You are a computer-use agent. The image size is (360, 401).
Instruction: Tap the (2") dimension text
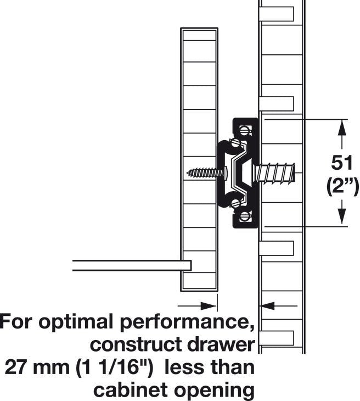coord(342,187)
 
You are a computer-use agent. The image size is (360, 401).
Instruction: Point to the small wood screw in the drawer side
coord(206,173)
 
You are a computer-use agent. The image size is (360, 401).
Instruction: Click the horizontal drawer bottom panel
coord(132,265)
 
